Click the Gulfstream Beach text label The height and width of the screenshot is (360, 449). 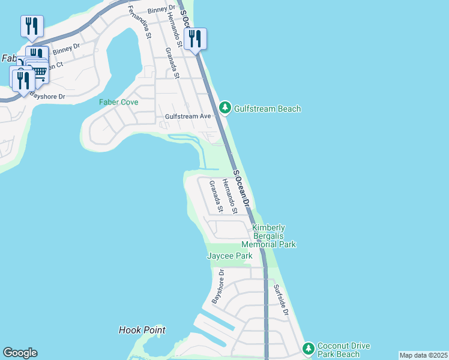click(267, 109)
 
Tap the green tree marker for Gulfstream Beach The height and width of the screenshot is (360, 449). click(224, 108)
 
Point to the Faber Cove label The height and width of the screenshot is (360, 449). click(119, 102)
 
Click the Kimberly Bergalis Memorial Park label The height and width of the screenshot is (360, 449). click(268, 236)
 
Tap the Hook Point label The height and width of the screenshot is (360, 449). click(142, 330)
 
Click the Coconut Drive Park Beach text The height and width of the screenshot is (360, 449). click(343, 350)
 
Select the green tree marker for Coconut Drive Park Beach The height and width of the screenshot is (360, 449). click(308, 349)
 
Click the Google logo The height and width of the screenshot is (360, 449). click(20, 352)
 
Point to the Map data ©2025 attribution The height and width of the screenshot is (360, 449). click(423, 355)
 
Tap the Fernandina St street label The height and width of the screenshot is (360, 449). click(140, 22)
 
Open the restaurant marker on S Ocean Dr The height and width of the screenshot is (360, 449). click(195, 38)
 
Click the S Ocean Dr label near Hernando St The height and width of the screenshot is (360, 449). click(241, 189)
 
